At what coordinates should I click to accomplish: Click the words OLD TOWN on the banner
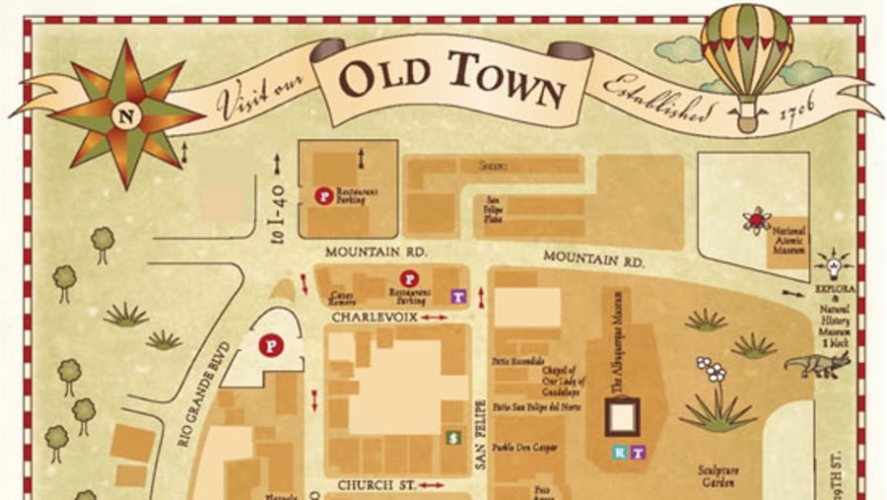[452, 80]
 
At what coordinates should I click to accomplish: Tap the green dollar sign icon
[452, 437]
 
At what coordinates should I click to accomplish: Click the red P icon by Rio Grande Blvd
[267, 346]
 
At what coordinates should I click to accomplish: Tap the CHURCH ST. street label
[373, 485]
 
